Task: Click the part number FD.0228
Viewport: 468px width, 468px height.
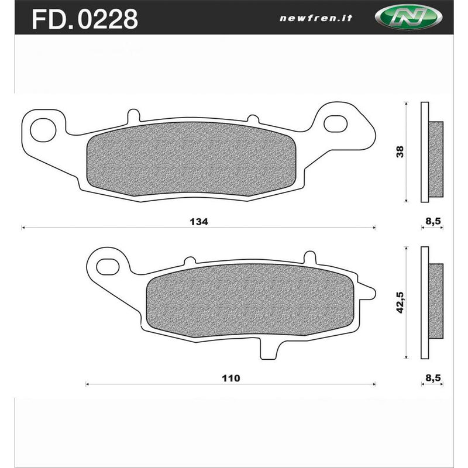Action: point(85,19)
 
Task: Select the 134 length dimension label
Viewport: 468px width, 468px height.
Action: point(199,222)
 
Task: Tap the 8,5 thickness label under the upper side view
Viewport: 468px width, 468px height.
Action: point(432,222)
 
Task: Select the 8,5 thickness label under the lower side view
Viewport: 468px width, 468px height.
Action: point(432,378)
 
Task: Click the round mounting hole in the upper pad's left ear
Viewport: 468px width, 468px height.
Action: point(43,129)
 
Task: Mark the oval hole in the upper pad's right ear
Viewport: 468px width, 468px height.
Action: point(335,123)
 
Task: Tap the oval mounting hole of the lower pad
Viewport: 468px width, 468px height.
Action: point(108,267)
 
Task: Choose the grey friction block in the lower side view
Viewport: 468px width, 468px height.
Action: point(436,301)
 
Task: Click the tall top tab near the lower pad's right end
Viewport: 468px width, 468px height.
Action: point(310,257)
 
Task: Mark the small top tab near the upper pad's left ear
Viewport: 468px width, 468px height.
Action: point(133,115)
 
